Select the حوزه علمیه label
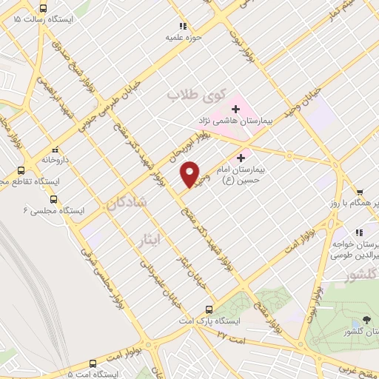(184, 36)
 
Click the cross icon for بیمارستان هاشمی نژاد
(235, 109)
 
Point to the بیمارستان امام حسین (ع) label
(241, 174)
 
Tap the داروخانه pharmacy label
(55, 158)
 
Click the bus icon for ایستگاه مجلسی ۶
(53, 198)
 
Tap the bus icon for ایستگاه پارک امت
(209, 309)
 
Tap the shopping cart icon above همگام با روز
(359, 192)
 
